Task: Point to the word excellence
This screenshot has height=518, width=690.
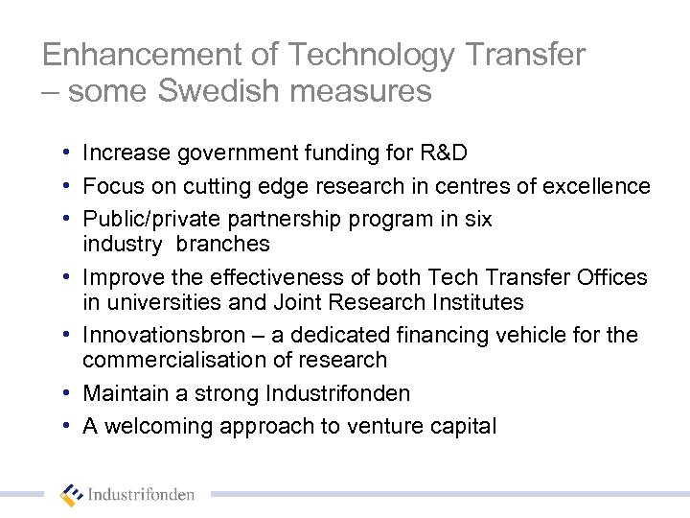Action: [596, 185]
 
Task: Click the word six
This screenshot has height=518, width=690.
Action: [477, 219]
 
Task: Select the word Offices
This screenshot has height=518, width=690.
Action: [610, 277]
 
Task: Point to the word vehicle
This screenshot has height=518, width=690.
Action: [552, 336]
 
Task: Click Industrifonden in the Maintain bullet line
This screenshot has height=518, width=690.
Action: [344, 394]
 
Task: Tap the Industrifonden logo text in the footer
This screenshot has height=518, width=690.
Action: [141, 496]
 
